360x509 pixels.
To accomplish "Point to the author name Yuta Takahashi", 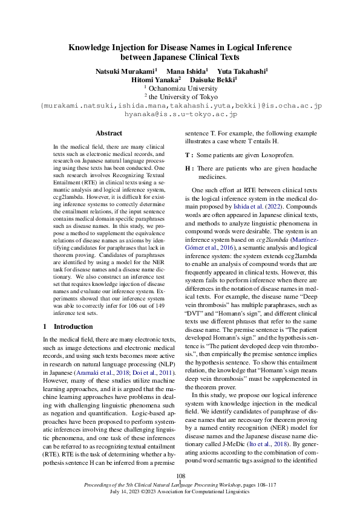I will click(x=242, y=71).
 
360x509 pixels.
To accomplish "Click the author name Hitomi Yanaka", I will click(x=155, y=79).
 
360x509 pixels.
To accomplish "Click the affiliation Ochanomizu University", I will click(x=182, y=88).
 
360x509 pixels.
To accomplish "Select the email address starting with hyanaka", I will click(x=180, y=113).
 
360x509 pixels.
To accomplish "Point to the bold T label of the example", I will click(x=188, y=155).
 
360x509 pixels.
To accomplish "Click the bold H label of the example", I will click(x=188, y=168).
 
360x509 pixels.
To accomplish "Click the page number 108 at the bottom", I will click(x=180, y=477).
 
